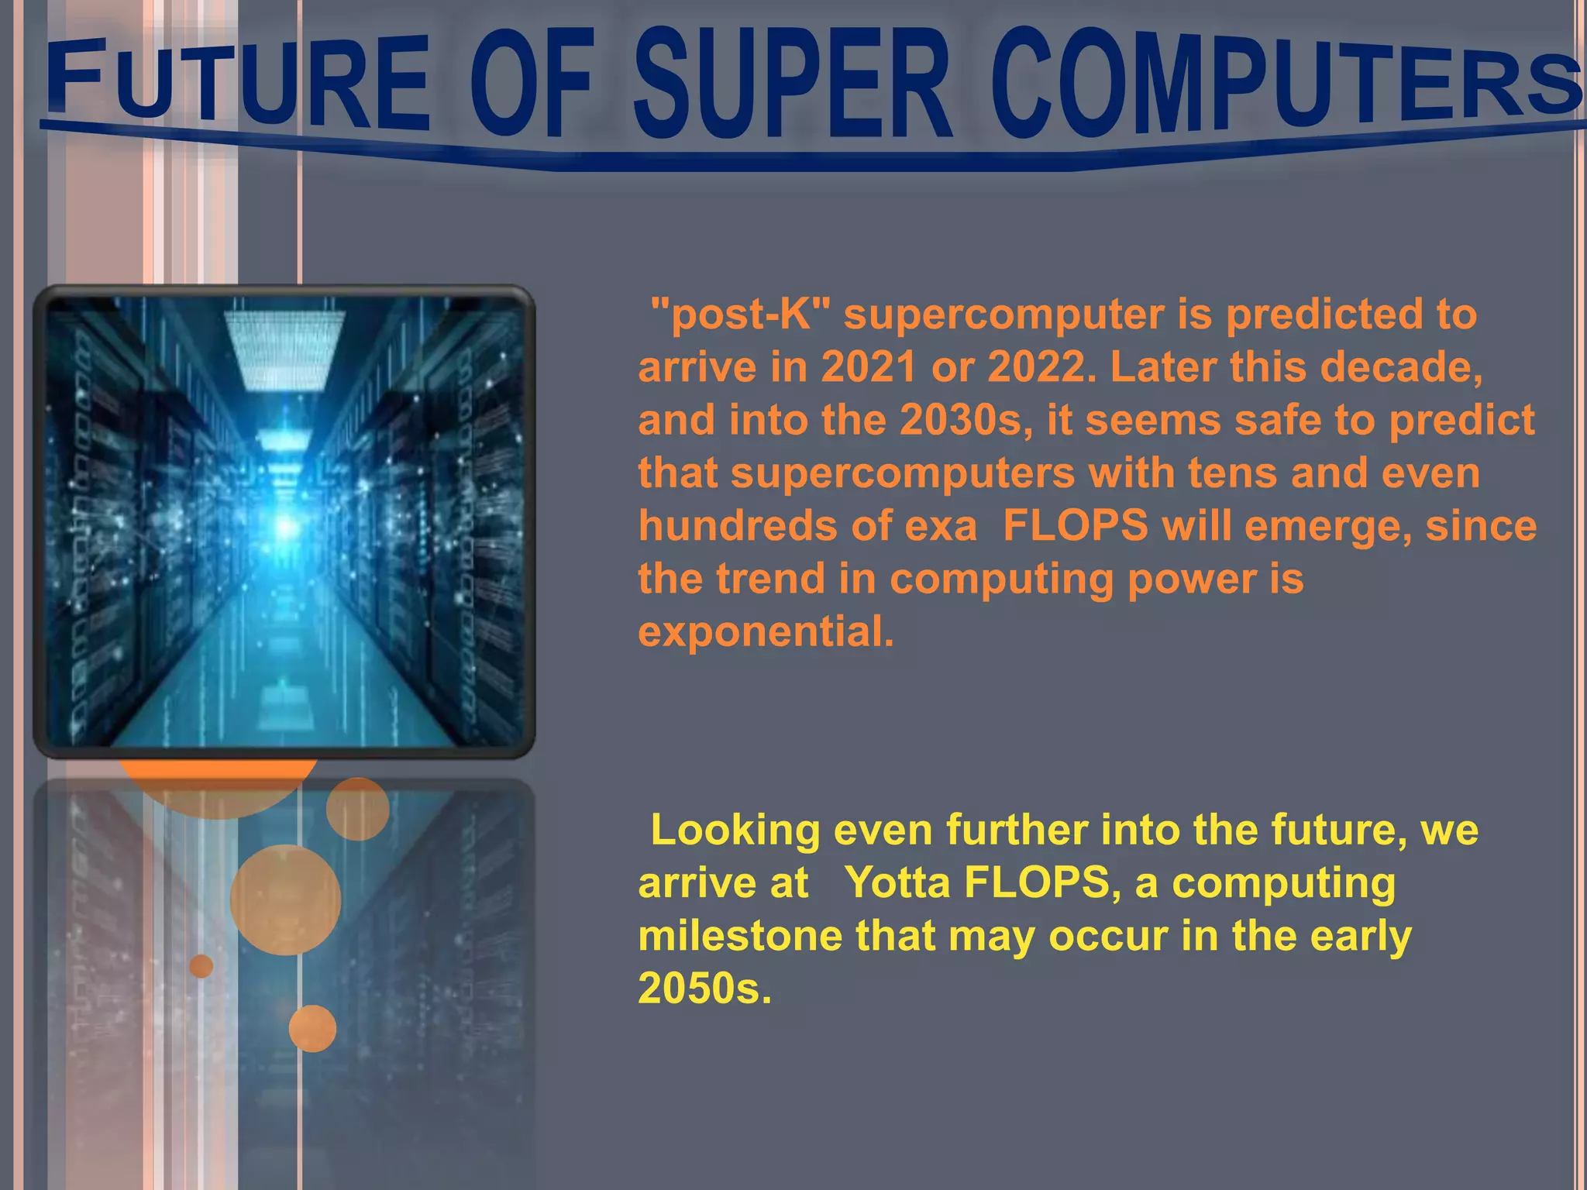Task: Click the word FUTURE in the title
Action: (236, 84)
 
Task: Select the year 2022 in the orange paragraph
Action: (1035, 367)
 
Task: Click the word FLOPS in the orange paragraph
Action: (1075, 526)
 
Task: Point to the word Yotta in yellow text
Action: (897, 883)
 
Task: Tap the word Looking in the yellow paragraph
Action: (735, 831)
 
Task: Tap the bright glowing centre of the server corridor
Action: (286, 527)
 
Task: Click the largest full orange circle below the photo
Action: (285, 899)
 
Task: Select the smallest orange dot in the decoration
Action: (201, 966)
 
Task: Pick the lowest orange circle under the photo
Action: (312, 1029)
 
